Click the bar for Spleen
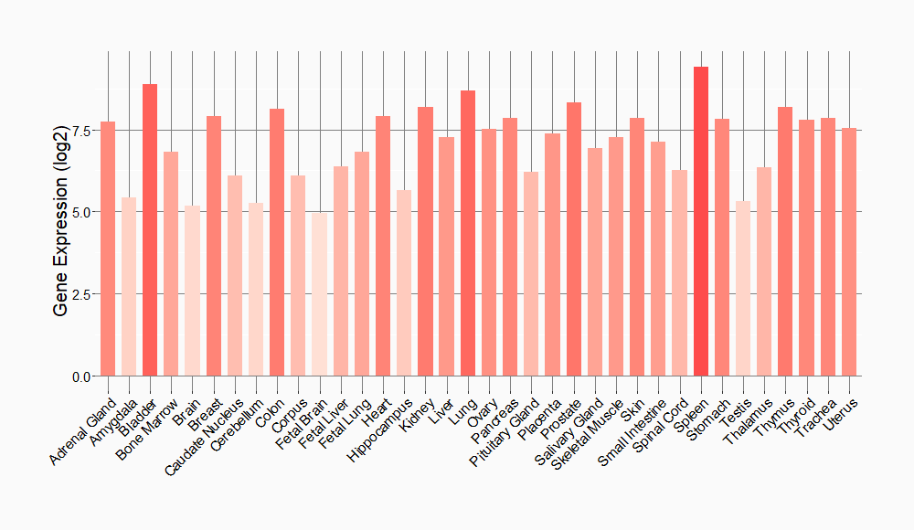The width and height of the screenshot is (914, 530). tap(701, 221)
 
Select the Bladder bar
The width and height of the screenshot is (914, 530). tap(150, 230)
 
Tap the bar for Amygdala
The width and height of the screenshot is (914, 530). tap(129, 287)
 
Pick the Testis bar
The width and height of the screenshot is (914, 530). tap(743, 289)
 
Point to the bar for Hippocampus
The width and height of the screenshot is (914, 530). tap(404, 283)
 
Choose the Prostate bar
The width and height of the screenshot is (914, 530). tap(574, 239)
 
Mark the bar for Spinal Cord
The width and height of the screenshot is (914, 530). tap(679, 273)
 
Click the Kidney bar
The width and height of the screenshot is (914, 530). tap(425, 241)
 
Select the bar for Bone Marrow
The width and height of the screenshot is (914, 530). tap(171, 264)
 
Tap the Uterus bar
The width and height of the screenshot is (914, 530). tap(849, 252)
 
